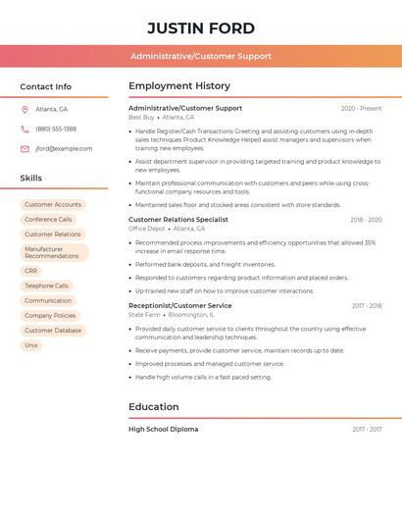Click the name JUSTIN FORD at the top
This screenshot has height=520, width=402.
(201, 27)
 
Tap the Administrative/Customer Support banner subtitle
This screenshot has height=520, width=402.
(201, 56)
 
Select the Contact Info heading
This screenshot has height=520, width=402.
(46, 86)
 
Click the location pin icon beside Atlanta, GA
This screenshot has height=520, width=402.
(25, 109)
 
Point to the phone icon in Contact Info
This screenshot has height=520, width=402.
(25, 129)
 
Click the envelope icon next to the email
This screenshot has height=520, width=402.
(25, 149)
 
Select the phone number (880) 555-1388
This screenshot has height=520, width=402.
(56, 129)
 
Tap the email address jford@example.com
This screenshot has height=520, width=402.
(64, 149)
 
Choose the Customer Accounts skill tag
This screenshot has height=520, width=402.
(53, 205)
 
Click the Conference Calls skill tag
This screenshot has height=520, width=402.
(48, 220)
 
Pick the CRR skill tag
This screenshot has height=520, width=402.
(31, 271)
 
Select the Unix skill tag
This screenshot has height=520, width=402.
(31, 345)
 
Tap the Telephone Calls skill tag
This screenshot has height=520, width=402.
(47, 286)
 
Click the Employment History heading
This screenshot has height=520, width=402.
(179, 86)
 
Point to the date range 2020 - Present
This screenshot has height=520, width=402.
(361, 109)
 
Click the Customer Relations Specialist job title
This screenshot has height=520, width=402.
(178, 220)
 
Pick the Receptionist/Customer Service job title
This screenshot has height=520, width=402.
(180, 305)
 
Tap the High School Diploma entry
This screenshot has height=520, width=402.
(164, 429)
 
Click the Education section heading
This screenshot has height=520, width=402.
(154, 406)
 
